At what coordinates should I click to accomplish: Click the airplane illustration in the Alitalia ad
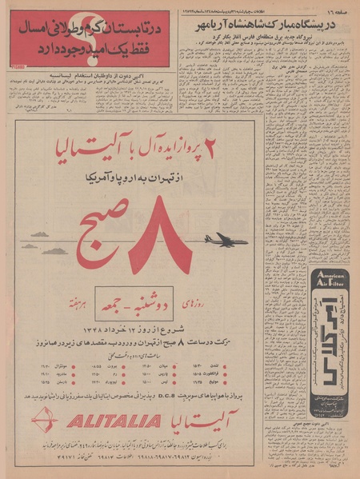point(226,239)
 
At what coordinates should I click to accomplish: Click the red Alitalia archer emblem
point(46,421)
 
